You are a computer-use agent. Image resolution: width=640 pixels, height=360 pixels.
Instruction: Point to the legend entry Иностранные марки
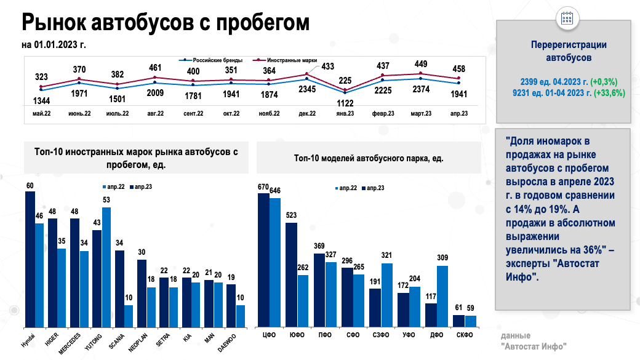pyautogui.click(x=292, y=60)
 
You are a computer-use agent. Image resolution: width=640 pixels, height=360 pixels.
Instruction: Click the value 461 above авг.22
pyautogui.click(x=155, y=68)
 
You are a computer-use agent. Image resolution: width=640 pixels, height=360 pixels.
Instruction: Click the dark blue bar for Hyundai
pyautogui.click(x=30, y=258)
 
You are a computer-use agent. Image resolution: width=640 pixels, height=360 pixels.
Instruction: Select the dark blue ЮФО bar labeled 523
pyautogui.click(x=292, y=274)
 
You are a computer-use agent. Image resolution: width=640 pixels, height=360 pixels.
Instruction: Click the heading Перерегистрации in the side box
pyautogui.click(x=569, y=45)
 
